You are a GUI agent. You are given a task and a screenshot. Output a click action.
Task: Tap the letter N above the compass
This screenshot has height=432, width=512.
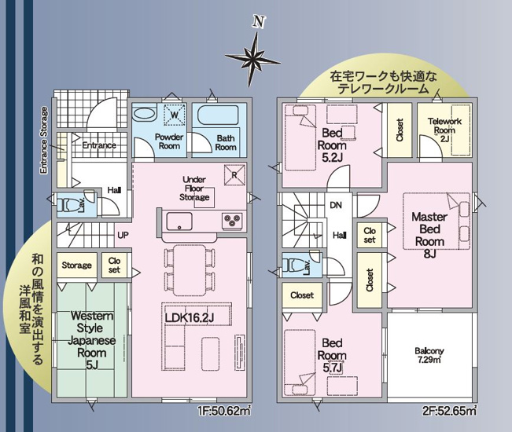259,22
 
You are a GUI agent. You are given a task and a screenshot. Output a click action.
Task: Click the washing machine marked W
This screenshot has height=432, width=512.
174,115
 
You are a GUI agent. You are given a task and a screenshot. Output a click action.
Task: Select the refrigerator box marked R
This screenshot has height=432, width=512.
234,175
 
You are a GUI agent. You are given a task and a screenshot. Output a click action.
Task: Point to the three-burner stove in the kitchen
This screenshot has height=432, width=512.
232,220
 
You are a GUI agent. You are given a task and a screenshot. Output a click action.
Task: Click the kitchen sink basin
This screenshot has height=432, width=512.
179,221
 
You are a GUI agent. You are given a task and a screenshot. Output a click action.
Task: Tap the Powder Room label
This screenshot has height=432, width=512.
169,141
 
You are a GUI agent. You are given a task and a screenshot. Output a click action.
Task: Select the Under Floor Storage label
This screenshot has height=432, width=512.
194,189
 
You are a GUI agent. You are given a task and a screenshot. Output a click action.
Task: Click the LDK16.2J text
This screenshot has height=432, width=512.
190,318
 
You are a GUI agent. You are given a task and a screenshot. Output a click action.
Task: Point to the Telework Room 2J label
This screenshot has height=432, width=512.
444,130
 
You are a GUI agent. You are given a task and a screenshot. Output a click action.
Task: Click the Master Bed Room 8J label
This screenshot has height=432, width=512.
429,235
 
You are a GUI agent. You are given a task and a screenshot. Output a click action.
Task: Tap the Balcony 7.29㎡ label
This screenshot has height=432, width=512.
429,355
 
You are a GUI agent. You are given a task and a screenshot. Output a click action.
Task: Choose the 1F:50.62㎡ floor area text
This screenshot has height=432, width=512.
224,410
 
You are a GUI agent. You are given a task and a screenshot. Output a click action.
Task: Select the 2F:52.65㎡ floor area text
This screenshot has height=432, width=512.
450,410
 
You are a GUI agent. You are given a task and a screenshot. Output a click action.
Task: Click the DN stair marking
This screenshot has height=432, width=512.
336,205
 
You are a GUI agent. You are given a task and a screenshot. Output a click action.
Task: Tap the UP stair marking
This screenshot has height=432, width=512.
123,235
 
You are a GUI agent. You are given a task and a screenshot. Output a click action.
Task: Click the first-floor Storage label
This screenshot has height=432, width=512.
77,265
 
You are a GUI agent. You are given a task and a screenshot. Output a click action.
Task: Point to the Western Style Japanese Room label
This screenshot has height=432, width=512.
92,340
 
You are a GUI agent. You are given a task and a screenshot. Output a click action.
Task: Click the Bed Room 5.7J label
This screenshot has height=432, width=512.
332,356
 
